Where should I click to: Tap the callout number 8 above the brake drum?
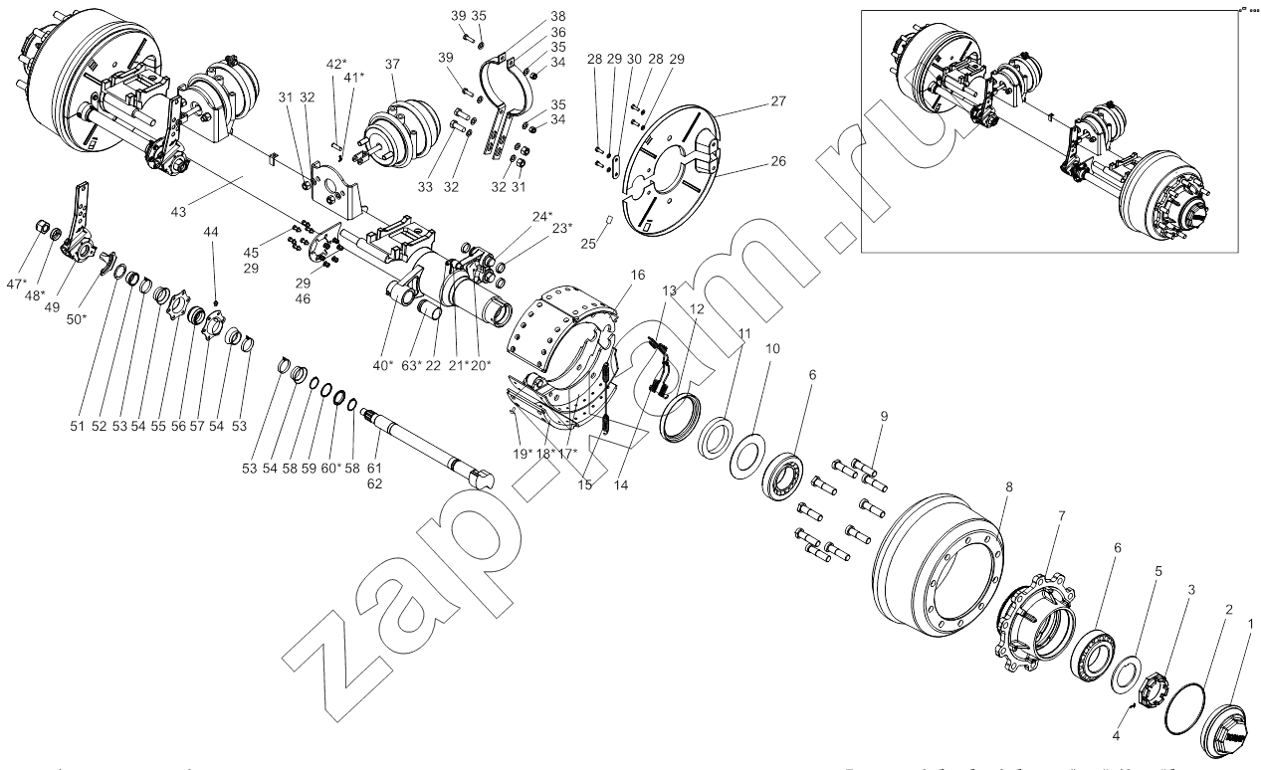(1008, 487)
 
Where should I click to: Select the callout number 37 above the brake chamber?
(392, 65)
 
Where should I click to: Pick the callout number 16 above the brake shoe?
(637, 274)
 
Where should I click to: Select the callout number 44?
(211, 231)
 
